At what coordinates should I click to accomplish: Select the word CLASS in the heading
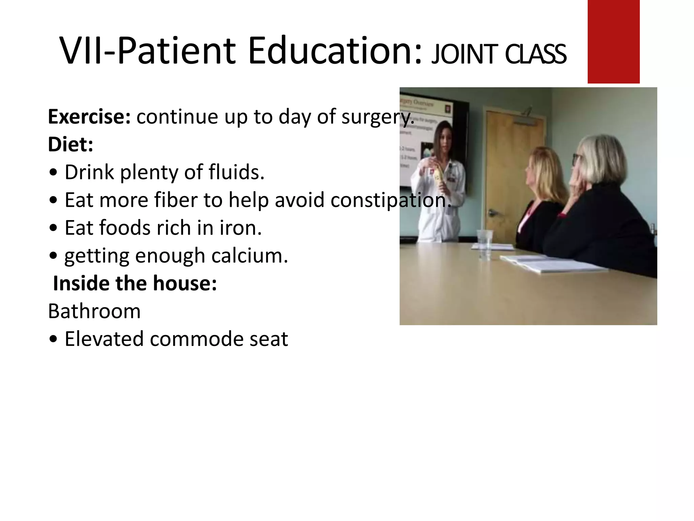(x=535, y=54)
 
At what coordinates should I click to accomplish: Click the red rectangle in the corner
(x=613, y=41)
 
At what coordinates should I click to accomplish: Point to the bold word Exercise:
(x=89, y=117)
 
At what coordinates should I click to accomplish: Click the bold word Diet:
(x=70, y=144)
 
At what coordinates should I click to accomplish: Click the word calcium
(x=250, y=256)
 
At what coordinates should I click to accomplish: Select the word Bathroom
(x=94, y=311)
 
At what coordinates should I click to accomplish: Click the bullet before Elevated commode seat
(x=53, y=340)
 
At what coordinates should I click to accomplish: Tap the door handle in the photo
(x=492, y=213)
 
